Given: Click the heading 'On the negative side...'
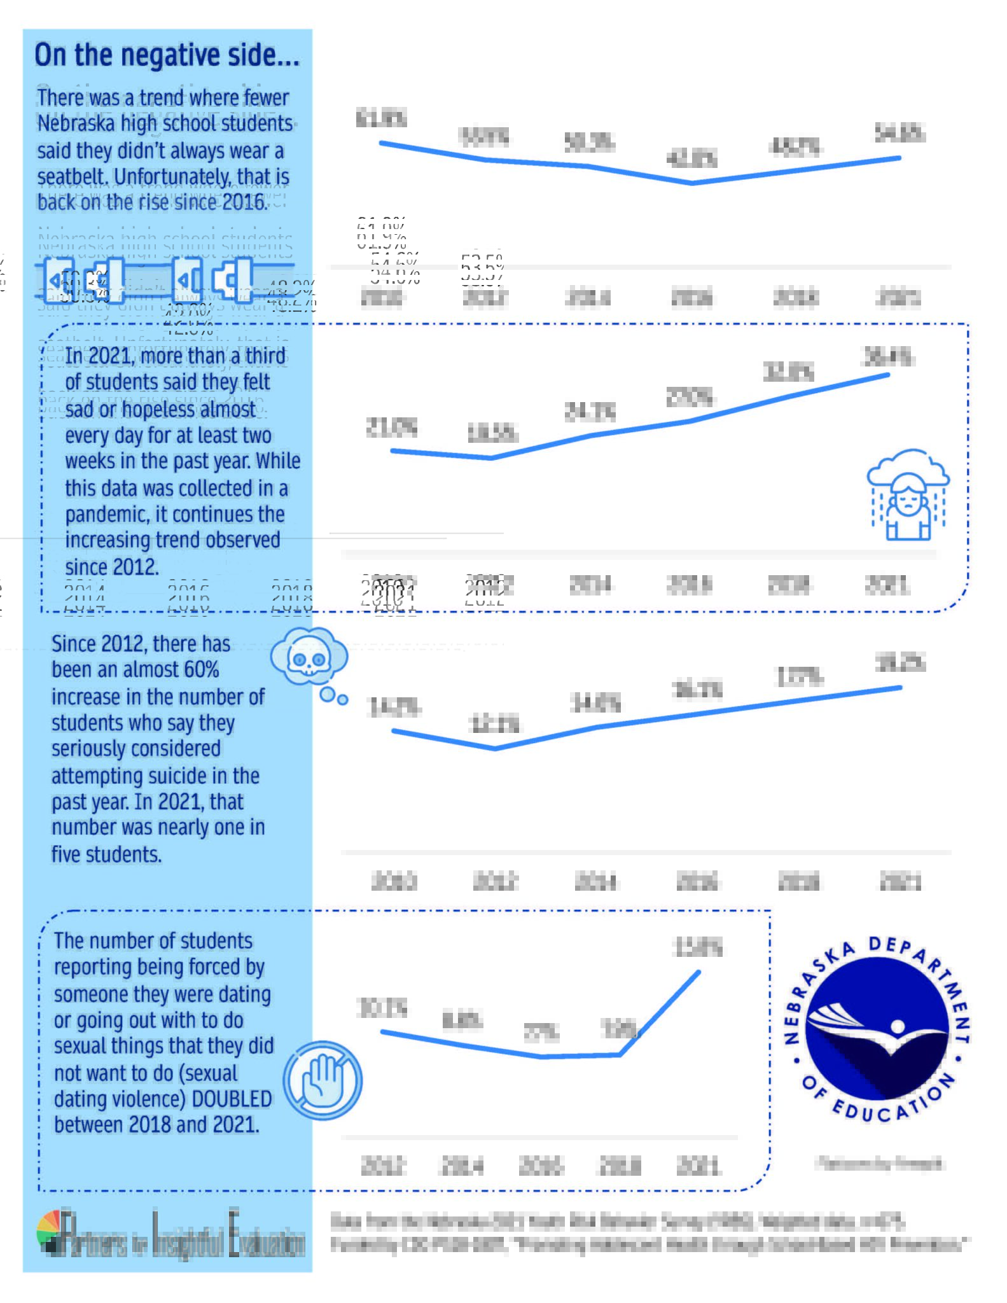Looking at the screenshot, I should [167, 55].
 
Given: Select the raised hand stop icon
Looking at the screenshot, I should [323, 1080].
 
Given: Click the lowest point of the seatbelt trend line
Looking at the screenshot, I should [693, 183].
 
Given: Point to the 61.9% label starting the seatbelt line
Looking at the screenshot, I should [380, 118].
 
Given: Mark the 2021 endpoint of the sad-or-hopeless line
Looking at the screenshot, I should [888, 375].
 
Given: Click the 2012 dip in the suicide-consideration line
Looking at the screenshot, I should [495, 748].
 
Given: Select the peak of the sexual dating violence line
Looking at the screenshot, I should [698, 972].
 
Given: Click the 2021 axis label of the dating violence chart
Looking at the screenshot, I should [698, 1166].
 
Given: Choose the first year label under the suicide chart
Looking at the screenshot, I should [394, 882].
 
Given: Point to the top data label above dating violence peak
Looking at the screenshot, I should [698, 948].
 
